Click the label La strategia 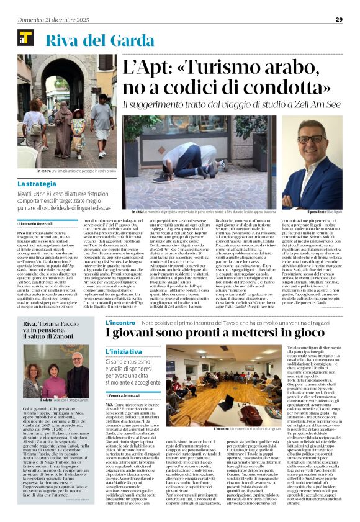point(36,184)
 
